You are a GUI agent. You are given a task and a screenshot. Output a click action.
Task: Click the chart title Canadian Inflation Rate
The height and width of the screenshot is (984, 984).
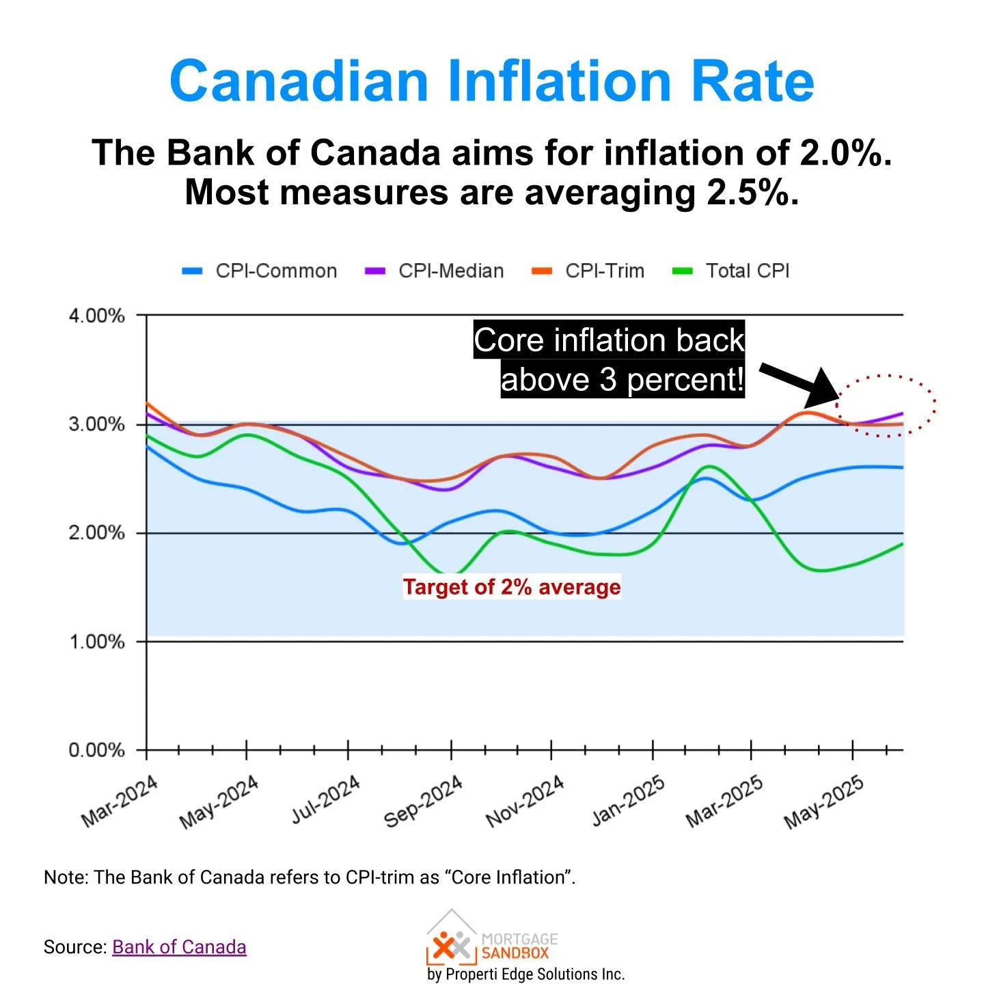click(491, 81)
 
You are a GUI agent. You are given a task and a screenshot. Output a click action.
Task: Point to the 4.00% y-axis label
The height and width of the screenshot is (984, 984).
click(96, 316)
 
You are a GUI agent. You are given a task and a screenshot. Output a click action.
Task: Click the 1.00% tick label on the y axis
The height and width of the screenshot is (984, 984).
click(96, 642)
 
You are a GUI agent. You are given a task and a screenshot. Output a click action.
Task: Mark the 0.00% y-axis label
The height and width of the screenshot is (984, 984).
click(96, 750)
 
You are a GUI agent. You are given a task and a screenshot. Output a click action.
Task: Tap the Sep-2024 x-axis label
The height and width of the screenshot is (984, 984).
click(424, 801)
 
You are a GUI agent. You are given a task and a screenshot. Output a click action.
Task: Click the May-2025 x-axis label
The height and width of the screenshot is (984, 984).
click(824, 802)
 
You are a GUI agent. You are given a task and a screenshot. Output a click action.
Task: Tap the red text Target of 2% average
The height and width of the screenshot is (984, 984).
click(512, 587)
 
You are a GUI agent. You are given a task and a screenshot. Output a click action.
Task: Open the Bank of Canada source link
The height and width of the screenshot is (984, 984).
click(179, 947)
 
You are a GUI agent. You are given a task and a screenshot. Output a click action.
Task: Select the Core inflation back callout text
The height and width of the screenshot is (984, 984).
click(609, 340)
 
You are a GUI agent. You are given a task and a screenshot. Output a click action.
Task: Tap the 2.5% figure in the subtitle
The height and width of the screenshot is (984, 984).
click(752, 193)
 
